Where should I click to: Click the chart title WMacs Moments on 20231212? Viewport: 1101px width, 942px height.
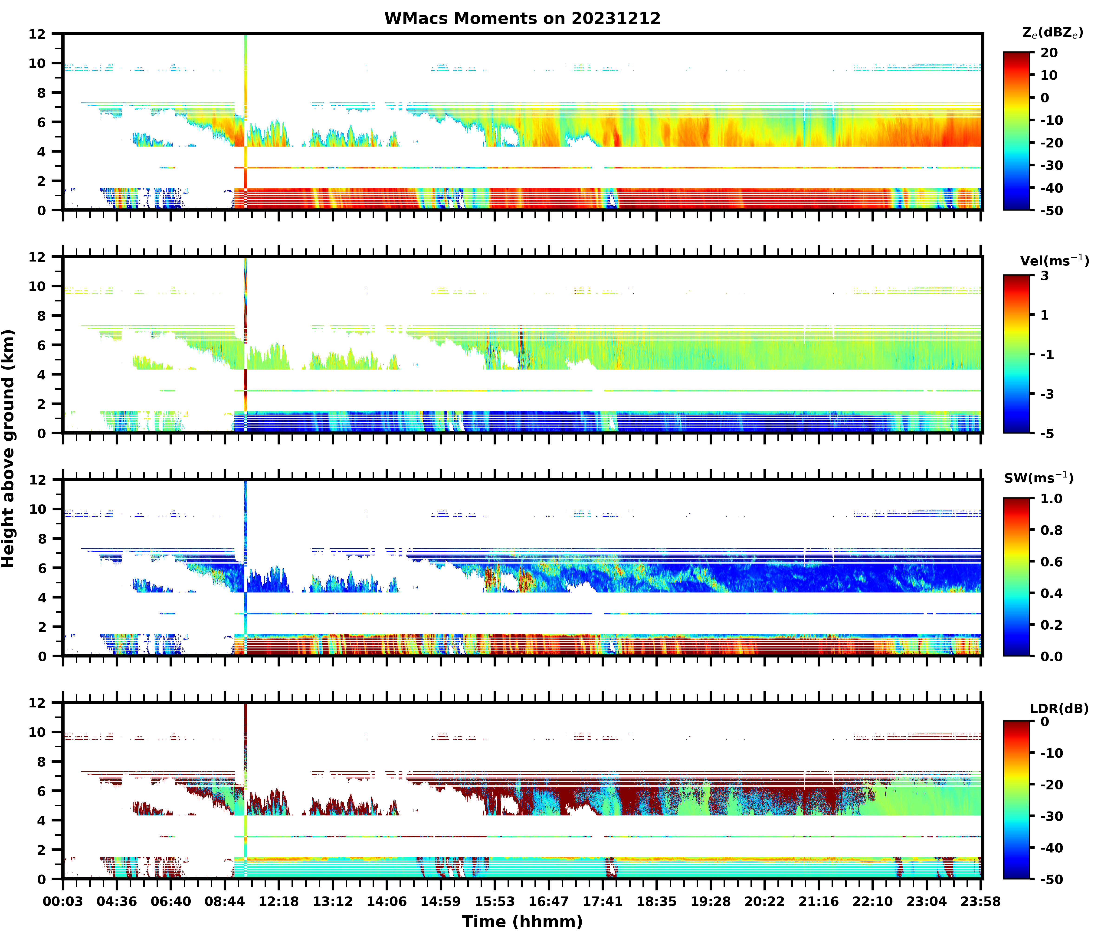pos(522,19)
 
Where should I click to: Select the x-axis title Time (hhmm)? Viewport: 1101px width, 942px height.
pos(522,922)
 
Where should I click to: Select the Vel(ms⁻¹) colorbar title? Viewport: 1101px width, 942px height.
pos(1054,260)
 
